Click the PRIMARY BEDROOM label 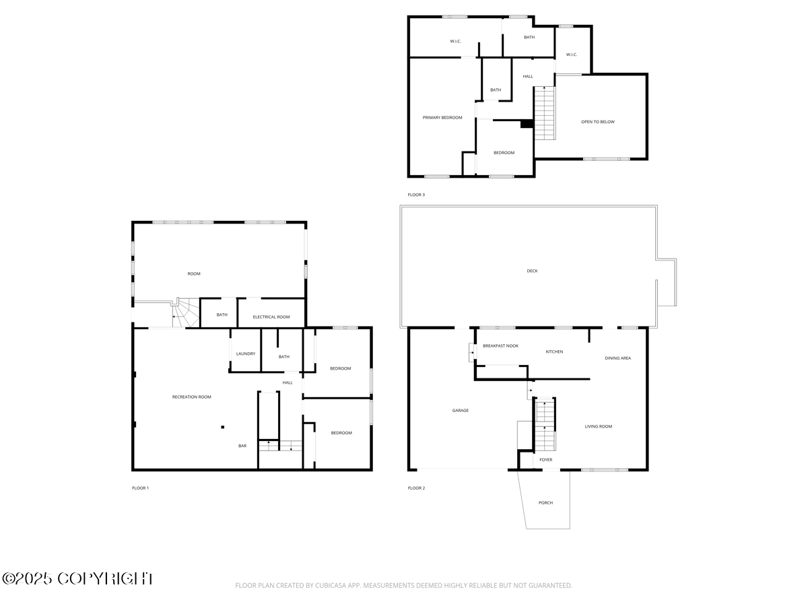pos(442,118)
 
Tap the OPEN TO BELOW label pos(598,122)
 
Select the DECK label pos(533,271)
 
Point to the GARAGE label pos(461,411)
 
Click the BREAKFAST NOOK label pos(501,346)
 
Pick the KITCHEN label pos(554,352)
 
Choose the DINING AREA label pos(617,358)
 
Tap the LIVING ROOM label pos(598,426)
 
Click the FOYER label pos(546,460)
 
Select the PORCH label pos(546,503)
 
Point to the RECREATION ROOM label pos(192,397)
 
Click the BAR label pos(242,446)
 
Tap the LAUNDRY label pos(246,354)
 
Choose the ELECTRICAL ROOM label pos(271,317)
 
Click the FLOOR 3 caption pos(416,195)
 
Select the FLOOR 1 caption pos(140,488)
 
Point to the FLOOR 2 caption pos(416,488)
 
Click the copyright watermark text pos(78,578)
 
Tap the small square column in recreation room pos(223,426)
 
